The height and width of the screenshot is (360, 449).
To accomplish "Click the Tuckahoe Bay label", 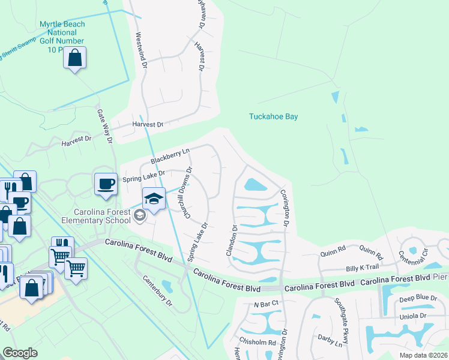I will click(274, 116).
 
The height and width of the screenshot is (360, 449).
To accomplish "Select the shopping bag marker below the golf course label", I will click(75, 59).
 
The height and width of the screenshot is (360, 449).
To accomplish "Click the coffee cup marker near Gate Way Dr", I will click(106, 184).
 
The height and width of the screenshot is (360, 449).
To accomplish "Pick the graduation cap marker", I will click(154, 199).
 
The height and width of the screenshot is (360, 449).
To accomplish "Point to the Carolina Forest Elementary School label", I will click(96, 216).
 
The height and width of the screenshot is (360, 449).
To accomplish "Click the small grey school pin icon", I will click(140, 215).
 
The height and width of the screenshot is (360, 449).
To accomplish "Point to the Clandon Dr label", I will click(232, 241).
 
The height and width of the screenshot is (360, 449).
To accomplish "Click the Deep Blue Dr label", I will click(418, 298).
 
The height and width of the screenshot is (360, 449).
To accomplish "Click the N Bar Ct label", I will click(267, 304).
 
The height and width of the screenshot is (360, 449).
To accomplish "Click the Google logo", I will click(20, 353).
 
